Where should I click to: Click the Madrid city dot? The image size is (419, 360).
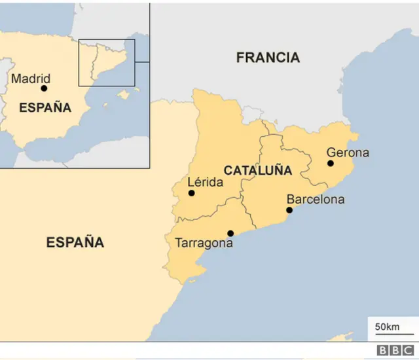(x=44, y=88)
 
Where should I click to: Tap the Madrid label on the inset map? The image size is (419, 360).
(x=31, y=79)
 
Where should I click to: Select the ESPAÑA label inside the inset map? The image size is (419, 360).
(x=45, y=108)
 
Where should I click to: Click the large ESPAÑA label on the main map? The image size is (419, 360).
(x=75, y=242)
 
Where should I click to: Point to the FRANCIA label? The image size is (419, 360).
(x=268, y=58)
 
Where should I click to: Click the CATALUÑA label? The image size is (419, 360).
(x=257, y=171)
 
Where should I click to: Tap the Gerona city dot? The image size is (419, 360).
(x=331, y=164)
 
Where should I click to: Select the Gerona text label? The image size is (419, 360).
(x=348, y=153)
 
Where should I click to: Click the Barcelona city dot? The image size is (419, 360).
(x=289, y=210)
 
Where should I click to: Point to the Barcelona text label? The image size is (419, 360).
(x=316, y=200)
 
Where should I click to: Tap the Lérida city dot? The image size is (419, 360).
(x=191, y=193)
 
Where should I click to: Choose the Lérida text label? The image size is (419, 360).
(x=205, y=183)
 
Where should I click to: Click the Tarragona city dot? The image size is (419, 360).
(x=230, y=233)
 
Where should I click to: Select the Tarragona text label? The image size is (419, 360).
(x=204, y=243)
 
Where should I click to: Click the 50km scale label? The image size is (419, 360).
(x=387, y=327)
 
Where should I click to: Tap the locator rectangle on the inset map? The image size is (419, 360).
(x=107, y=62)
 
